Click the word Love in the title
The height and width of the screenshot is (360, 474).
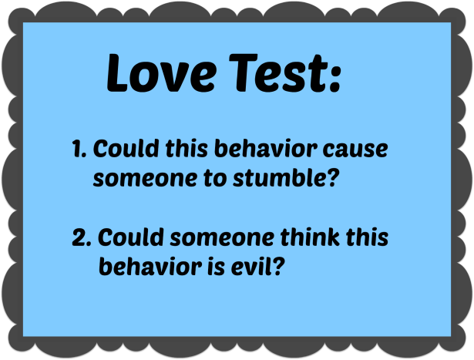154,74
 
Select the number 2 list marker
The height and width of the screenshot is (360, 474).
80,237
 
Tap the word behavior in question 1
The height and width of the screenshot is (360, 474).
251,150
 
